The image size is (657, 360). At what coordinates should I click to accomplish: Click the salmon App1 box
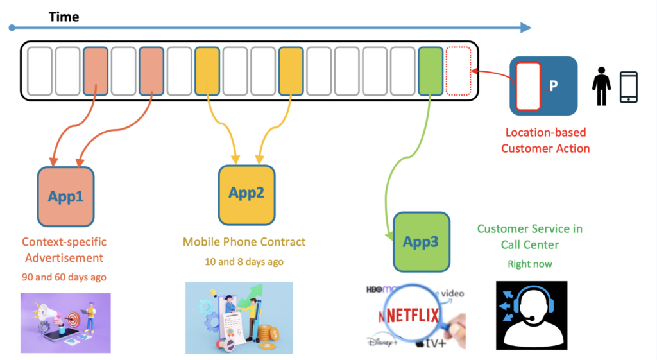point(66,196)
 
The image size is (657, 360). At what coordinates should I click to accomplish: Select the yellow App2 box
point(246,193)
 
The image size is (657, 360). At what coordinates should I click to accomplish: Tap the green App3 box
point(421,241)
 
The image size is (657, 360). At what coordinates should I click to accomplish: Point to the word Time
point(64,17)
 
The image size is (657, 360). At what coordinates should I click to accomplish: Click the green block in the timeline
point(430,71)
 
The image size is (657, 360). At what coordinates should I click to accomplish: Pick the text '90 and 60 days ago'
point(64,277)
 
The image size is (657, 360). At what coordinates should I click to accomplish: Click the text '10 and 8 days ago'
point(244,262)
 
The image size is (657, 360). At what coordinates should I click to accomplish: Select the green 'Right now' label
point(529,264)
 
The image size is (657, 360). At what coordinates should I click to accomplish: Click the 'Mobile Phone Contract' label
point(244,242)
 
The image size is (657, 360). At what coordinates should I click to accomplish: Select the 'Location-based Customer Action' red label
point(545,141)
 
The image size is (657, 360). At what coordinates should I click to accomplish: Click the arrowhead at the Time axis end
point(526,28)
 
